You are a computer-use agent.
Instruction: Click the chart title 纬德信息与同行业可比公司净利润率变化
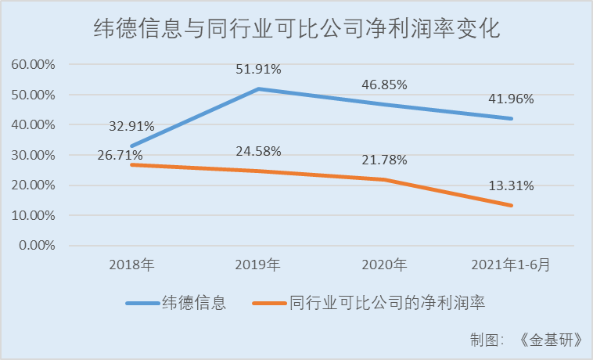pos(296,31)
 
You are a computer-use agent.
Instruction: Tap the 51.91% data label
pos(258,69)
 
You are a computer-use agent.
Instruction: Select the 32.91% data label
pos(131,125)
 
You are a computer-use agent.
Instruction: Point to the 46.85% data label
pos(384,85)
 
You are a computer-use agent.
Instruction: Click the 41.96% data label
pos(511,99)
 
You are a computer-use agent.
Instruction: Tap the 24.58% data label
pos(258,150)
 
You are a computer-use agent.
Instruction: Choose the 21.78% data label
pos(385,160)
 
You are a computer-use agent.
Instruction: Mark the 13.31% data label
pos(511,186)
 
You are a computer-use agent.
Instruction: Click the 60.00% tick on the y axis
pos(33,64)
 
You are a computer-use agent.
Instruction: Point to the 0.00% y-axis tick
pos(36,246)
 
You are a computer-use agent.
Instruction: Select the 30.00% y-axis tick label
pos(33,155)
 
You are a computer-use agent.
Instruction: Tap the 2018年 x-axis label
pos(131,265)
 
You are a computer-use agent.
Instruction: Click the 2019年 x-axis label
pos(258,265)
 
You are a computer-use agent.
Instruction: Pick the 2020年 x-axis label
pos(385,265)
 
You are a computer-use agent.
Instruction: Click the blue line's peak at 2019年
pos(258,89)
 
